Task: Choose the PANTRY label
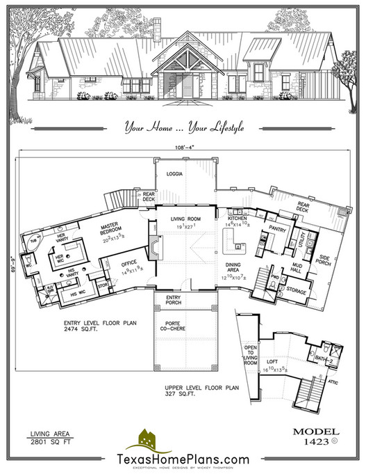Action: pyautogui.click(x=278, y=227)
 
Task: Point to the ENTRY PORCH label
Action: pyautogui.click(x=174, y=300)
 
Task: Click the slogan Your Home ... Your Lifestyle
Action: pyautogui.click(x=183, y=127)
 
